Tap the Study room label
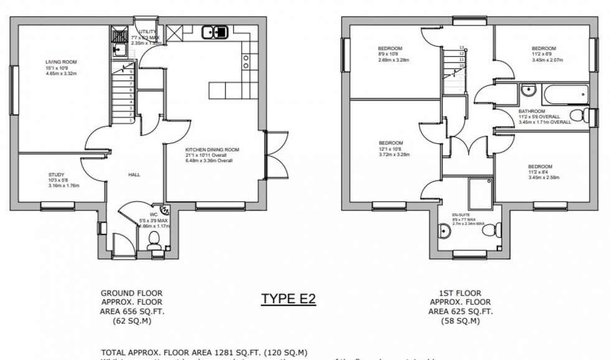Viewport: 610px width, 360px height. coord(56,174)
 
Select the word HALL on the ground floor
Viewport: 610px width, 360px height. coord(134,175)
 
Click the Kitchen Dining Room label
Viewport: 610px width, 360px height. coord(212,150)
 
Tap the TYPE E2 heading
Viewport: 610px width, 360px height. coord(288,298)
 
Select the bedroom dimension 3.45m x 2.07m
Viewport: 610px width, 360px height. coord(547,60)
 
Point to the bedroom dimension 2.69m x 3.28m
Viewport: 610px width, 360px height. coord(394,60)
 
